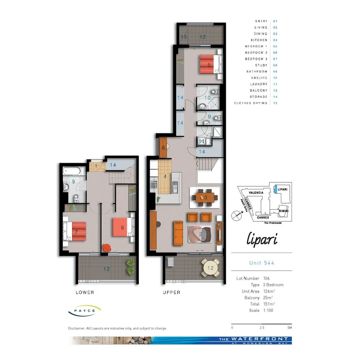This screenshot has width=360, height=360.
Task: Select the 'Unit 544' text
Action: click(262, 263)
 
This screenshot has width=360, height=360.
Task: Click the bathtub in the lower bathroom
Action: click(73, 170)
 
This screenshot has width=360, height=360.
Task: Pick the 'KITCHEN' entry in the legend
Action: click(259, 40)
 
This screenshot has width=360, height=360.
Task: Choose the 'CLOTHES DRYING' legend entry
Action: click(250, 103)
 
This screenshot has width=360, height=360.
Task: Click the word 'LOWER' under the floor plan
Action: click(85, 292)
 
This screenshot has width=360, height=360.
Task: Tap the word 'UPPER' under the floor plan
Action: click(171, 292)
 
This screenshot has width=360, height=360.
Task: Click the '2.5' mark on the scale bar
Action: click(262, 328)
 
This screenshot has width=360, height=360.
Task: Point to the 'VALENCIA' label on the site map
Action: click(256, 192)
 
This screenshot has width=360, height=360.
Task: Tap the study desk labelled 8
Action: click(163, 147)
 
